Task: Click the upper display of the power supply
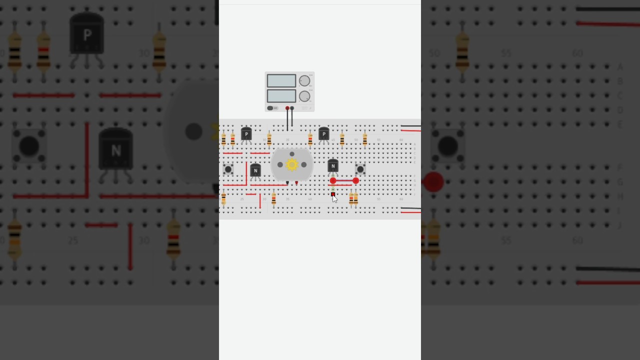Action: tap(281, 81)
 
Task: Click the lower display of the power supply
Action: tap(281, 96)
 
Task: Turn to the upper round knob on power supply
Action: tap(304, 81)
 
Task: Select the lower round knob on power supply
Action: tap(304, 96)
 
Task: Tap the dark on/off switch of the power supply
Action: tap(270, 108)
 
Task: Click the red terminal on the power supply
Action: tap(287, 108)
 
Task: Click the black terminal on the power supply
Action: tap(292, 108)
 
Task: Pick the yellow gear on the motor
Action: tap(292, 164)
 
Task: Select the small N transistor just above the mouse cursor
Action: tap(333, 166)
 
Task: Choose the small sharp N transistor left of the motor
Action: tap(255, 171)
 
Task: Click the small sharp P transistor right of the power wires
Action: tap(323, 134)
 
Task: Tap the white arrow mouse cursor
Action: tap(334, 198)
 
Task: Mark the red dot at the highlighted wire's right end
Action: tap(355, 180)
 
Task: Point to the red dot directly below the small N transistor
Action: tap(333, 180)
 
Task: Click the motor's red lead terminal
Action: tap(296, 183)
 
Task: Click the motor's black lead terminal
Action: tap(287, 183)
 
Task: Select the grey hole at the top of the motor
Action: tap(292, 154)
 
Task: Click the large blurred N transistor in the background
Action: tap(115, 150)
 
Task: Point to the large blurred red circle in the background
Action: tap(433, 181)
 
